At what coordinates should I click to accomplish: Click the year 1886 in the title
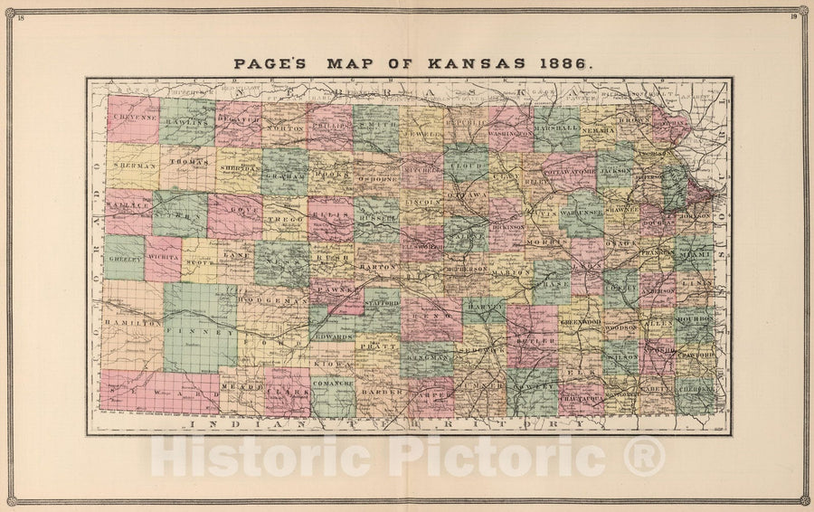(566, 65)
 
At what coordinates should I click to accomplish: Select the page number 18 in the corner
(21, 17)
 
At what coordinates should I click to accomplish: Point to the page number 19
(793, 17)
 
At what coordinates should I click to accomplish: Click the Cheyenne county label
(132, 118)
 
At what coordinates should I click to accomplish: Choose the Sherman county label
(132, 168)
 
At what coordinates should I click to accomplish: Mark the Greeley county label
(124, 258)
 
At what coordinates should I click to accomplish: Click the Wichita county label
(164, 258)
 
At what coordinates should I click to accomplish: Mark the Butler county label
(531, 344)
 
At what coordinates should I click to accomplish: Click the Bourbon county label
(695, 318)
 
